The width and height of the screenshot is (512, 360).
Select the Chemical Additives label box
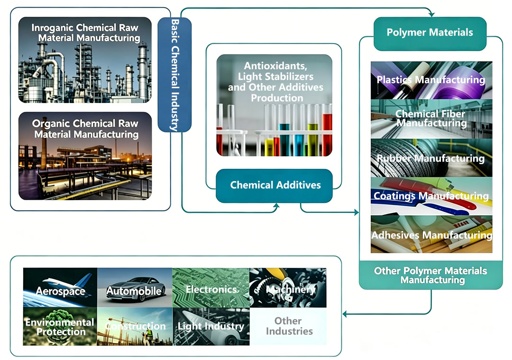(274, 185)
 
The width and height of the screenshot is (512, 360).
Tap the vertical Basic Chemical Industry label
(174, 75)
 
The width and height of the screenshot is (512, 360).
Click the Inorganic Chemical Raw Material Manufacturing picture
(85, 60)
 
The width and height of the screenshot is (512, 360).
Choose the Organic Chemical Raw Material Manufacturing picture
(85, 156)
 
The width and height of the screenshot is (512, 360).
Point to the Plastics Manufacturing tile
(431, 80)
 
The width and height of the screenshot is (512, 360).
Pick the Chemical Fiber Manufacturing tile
(431, 119)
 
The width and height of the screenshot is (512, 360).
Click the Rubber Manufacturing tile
(431, 158)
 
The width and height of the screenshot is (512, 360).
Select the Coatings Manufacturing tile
(431, 196)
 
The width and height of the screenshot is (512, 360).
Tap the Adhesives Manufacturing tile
(431, 234)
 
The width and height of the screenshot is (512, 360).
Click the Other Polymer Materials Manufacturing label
(430, 275)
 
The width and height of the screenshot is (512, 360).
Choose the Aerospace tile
(60, 287)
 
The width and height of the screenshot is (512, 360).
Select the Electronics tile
(211, 287)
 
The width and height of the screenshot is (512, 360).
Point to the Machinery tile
(288, 287)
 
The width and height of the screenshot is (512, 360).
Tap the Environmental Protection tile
(60, 326)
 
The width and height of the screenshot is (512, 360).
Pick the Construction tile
(135, 326)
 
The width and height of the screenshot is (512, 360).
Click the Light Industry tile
(211, 326)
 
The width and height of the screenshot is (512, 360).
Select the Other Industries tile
(288, 326)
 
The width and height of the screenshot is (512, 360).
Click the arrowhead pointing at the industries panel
(345, 314)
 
